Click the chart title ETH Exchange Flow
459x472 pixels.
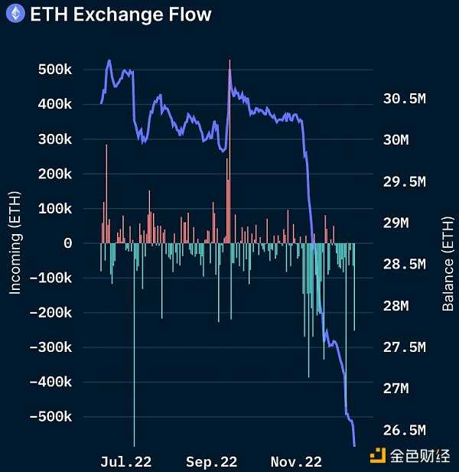tap(120, 15)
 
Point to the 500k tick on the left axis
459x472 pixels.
tap(55, 70)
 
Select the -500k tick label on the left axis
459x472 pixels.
tap(52, 417)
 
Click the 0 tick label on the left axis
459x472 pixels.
tap(68, 243)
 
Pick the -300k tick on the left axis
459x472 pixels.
tap(52, 347)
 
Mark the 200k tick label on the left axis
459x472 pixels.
tap(55, 174)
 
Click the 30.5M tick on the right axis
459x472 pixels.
tap(402, 99)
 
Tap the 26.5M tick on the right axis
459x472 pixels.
tap(402, 429)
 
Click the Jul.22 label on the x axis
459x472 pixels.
tap(126, 462)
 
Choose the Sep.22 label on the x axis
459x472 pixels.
tap(211, 462)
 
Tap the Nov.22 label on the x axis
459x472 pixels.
tap(296, 462)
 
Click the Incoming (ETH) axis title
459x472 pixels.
tap(15, 243)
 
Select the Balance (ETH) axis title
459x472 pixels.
tap(448, 264)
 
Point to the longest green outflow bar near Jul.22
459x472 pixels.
tap(134, 344)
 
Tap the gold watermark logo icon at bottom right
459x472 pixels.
tap(377, 457)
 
